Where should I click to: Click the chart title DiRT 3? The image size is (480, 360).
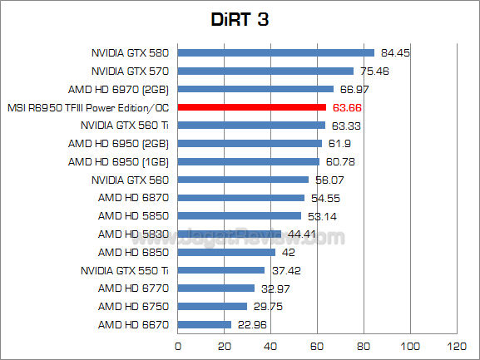tap(240, 18)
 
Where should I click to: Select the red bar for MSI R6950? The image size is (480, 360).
tap(251, 107)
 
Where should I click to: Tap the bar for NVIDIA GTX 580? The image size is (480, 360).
tap(275, 52)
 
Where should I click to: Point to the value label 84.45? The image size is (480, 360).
tap(395, 52)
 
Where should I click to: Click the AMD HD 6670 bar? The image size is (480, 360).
tap(205, 324)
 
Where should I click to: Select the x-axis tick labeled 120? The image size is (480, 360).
tap(455, 345)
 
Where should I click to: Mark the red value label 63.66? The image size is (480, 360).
tap(349, 107)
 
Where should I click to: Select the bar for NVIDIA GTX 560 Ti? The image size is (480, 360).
tap(251, 126)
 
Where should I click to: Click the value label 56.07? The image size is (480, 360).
tap(330, 180)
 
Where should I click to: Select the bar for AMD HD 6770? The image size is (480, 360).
tap(216, 288)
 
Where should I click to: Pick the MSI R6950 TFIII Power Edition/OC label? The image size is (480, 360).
tap(88, 107)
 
